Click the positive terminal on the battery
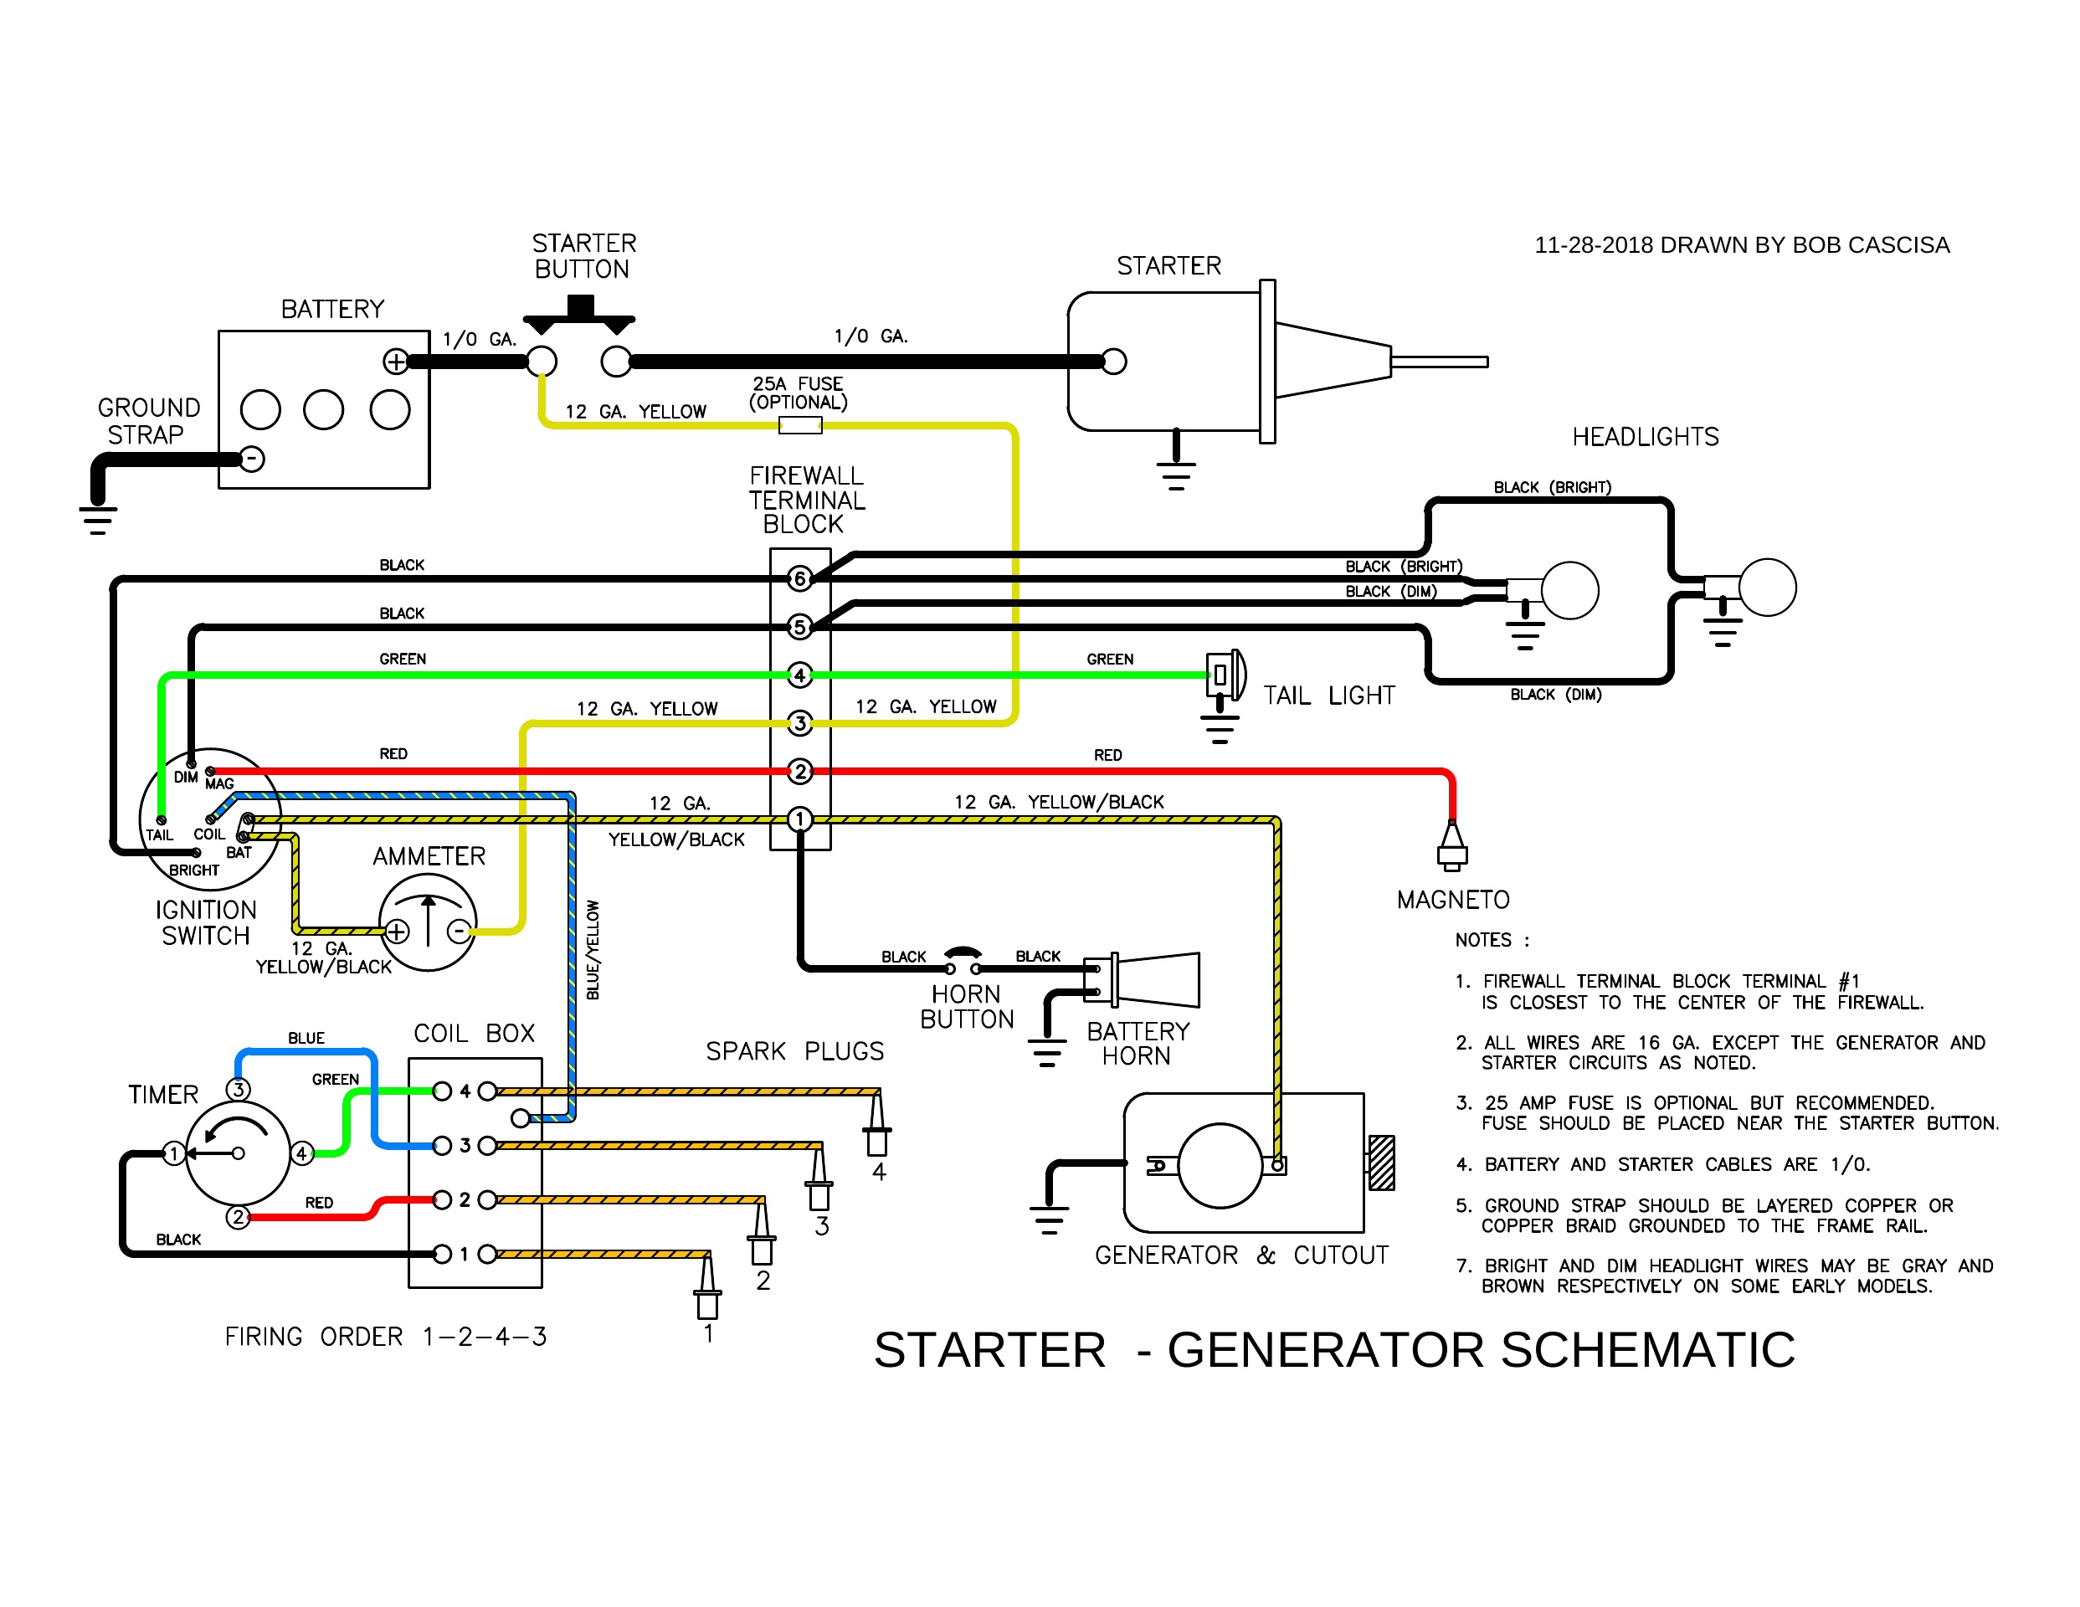pos(395,361)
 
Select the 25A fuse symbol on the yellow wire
pos(800,425)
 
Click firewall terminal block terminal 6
pos(800,578)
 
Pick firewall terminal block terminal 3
pos(800,723)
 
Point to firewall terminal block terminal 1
pos(800,819)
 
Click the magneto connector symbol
pos(1452,846)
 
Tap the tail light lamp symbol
pos(1224,675)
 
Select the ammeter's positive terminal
pos(397,931)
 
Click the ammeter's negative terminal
pos(459,931)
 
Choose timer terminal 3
pos(238,1089)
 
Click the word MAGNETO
pos(1453,901)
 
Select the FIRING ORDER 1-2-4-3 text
pos(386,1337)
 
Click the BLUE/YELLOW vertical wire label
pos(593,950)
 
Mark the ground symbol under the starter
pos(1176,474)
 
